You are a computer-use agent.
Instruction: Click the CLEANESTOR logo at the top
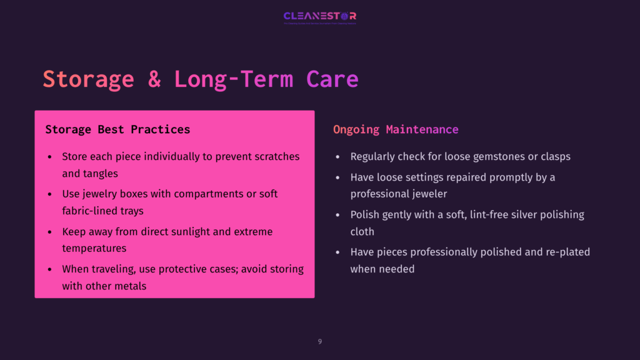(319, 16)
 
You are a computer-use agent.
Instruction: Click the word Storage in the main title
(88, 79)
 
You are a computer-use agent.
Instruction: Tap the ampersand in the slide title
(154, 79)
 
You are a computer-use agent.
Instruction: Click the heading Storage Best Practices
(117, 129)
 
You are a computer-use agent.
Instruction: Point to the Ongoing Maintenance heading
(396, 129)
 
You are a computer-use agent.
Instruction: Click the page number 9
(320, 341)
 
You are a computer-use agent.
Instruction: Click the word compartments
(211, 194)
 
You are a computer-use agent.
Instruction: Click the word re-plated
(567, 252)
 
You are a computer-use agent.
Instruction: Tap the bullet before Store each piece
(50, 157)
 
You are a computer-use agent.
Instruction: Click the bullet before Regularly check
(338, 157)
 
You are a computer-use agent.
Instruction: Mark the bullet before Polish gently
(338, 215)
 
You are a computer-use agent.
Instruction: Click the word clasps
(554, 156)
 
